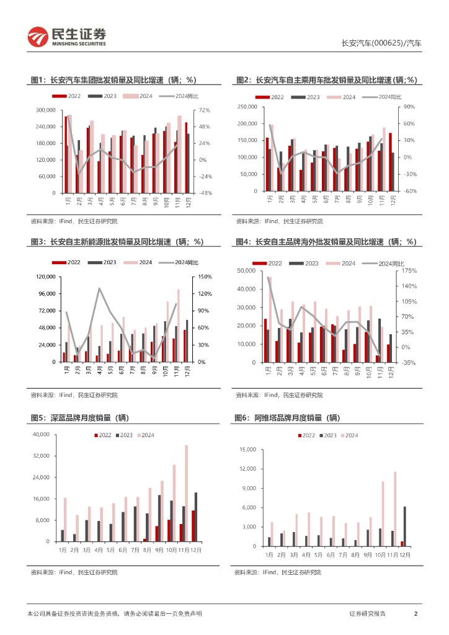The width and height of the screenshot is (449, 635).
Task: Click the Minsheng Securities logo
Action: click(66, 37)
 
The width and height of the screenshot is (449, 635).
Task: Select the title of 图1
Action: click(113, 79)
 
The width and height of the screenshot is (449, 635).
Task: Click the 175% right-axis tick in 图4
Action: click(408, 271)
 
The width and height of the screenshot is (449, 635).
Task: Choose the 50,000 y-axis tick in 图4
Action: click(246, 271)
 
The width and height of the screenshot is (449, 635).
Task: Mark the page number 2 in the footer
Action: click(416, 613)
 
